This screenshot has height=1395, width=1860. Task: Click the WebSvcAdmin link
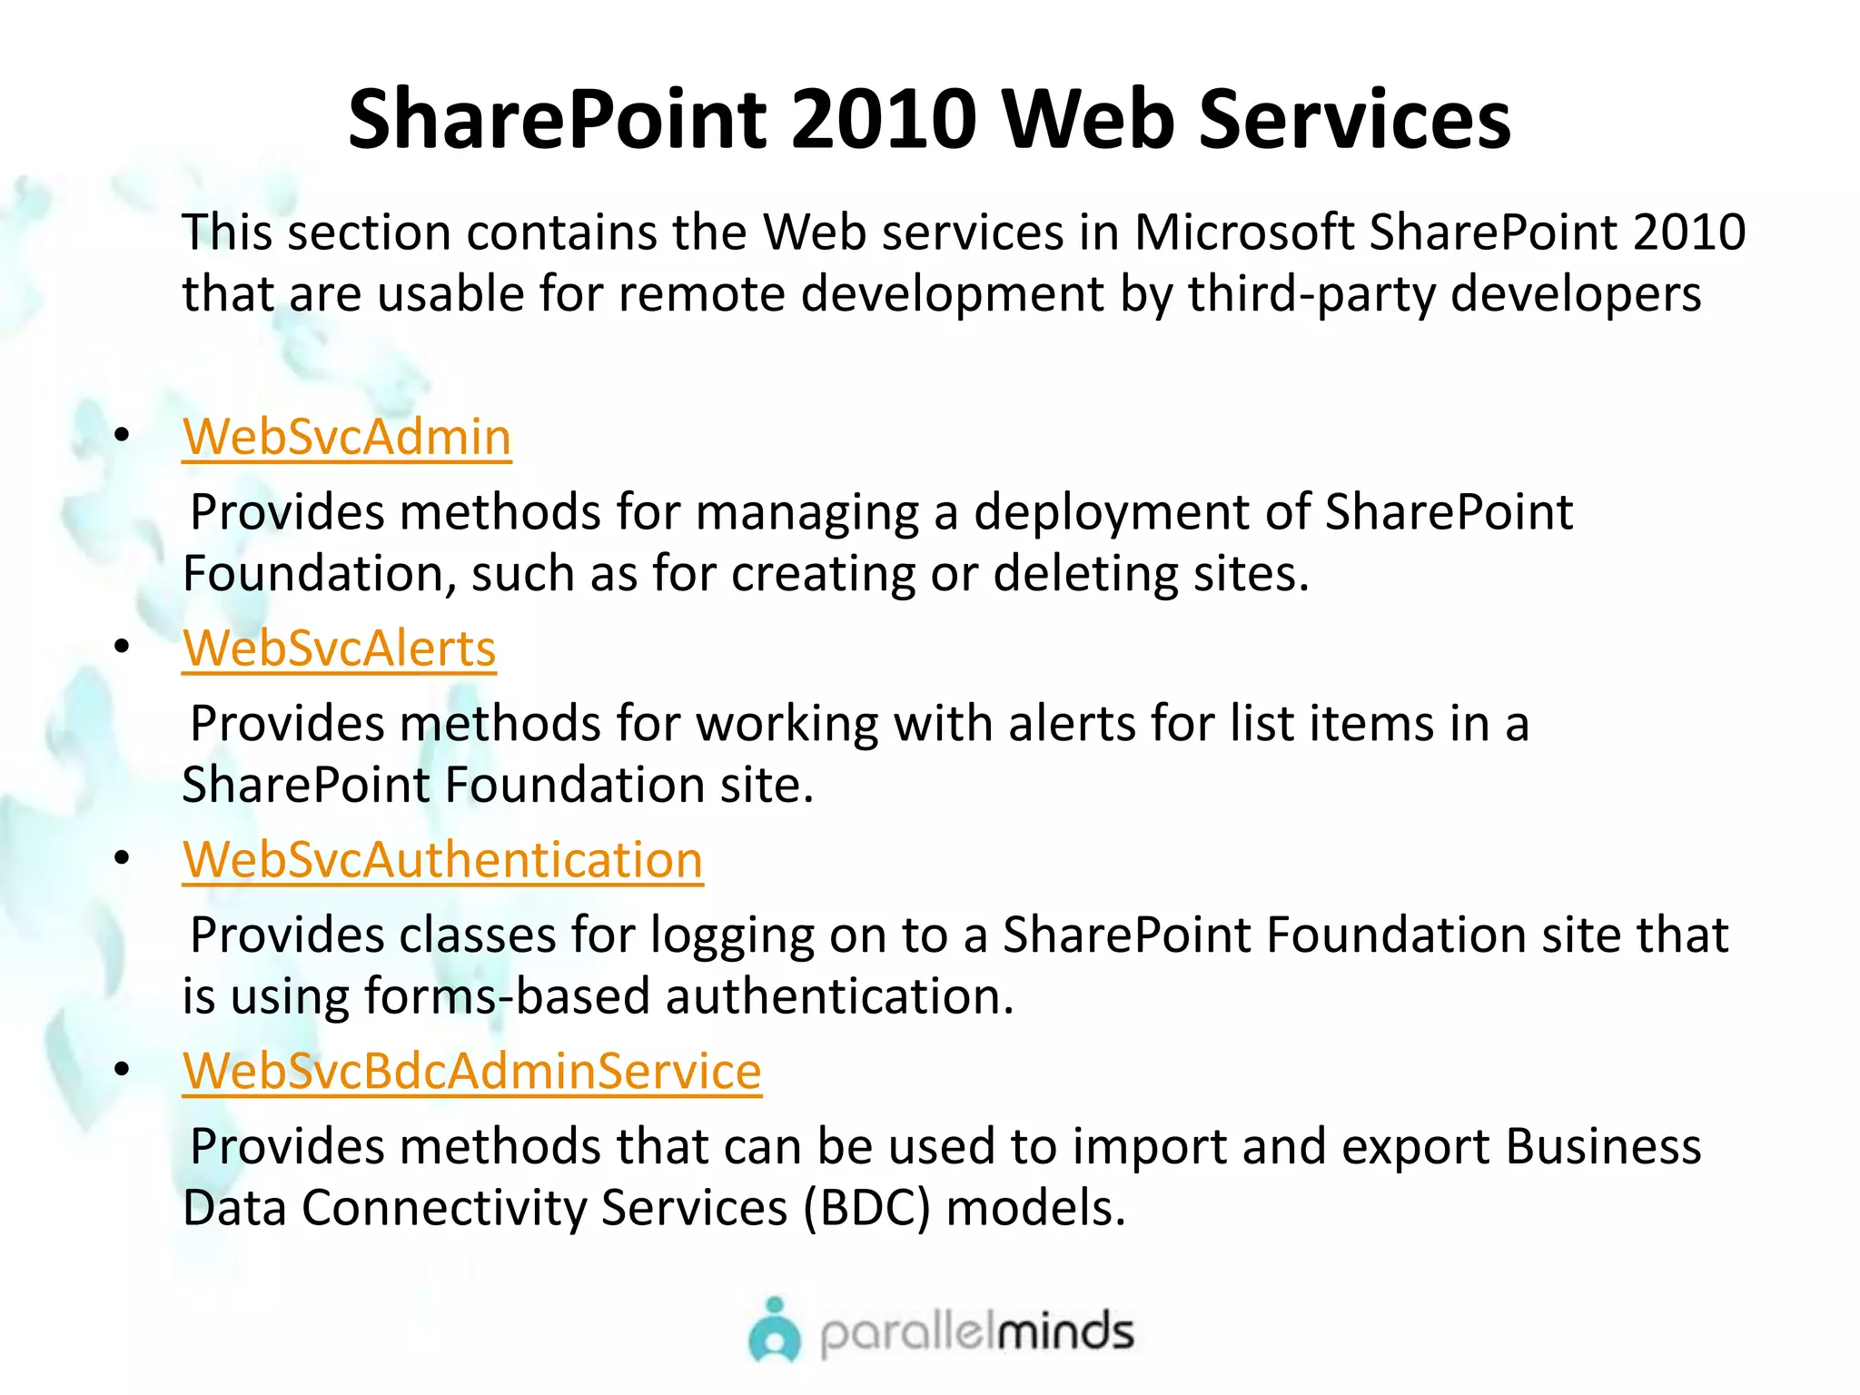click(347, 438)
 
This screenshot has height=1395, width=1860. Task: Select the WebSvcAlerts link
click(339, 649)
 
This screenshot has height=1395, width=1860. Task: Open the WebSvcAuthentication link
click(442, 860)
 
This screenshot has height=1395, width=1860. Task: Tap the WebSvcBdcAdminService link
click(471, 1072)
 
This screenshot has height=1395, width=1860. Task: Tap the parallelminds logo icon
click(775, 1331)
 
